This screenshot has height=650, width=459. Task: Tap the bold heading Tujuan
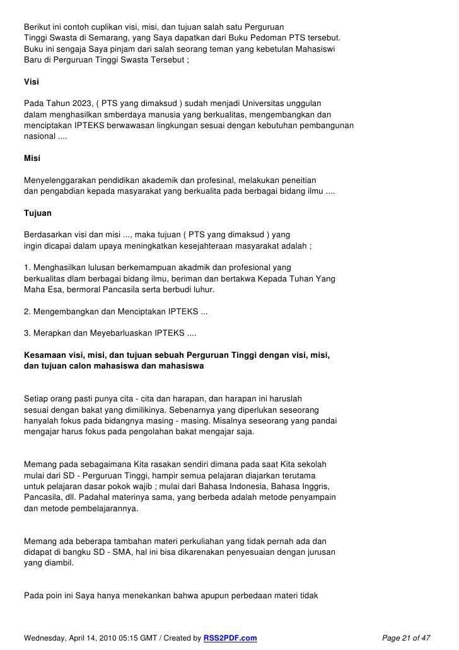tap(37, 213)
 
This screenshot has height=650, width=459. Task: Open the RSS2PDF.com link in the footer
tap(230, 638)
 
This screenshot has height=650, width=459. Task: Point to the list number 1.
tap(26, 268)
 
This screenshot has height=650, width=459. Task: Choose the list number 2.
tap(26, 312)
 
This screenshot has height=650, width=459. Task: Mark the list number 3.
tap(26, 333)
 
